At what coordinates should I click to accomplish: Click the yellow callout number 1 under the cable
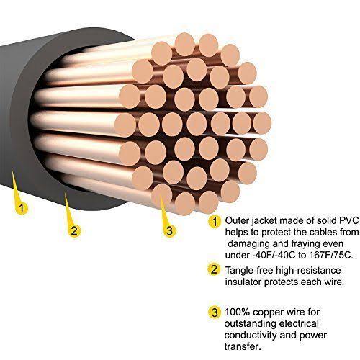point(22,208)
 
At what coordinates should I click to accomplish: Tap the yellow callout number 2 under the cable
point(74,230)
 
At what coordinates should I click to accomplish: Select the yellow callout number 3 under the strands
point(170,230)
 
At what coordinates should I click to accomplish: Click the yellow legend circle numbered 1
point(215,221)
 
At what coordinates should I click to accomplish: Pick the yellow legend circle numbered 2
point(214,269)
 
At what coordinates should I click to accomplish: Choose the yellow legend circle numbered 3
point(215,312)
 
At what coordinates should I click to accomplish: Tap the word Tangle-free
point(249,271)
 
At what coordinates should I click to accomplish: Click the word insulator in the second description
point(243,282)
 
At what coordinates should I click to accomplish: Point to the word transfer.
point(243,346)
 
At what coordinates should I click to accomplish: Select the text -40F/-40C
point(274,255)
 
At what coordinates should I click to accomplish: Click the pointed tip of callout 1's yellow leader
point(12,171)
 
